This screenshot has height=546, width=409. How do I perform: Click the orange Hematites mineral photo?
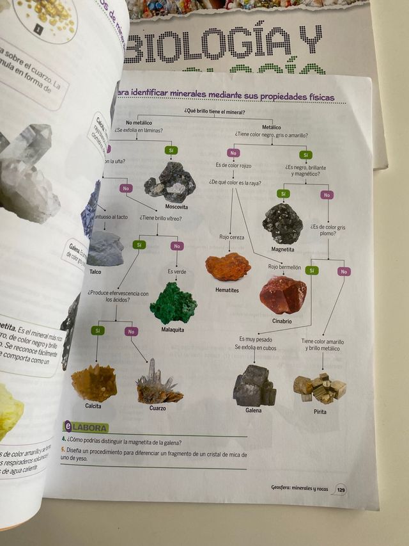228,267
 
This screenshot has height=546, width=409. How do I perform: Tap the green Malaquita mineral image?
173,304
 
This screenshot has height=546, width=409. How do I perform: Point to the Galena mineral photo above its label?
254,385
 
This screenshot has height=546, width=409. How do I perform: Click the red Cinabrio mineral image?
282,294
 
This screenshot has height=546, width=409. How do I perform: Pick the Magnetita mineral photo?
282,223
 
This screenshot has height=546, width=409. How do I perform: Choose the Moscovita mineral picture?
171,182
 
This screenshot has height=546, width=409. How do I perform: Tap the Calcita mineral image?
93,383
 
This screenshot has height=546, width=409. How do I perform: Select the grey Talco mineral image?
105,248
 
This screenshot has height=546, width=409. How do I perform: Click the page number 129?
341,489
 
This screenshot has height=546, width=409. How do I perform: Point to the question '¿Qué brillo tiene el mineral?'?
214,111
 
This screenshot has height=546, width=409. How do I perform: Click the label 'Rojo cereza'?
232,237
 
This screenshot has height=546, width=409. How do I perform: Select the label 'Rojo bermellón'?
284,266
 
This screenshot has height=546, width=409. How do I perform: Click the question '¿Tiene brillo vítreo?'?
160,218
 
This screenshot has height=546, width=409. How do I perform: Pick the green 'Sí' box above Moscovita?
171,150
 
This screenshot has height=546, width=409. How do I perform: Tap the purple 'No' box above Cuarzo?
132,331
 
